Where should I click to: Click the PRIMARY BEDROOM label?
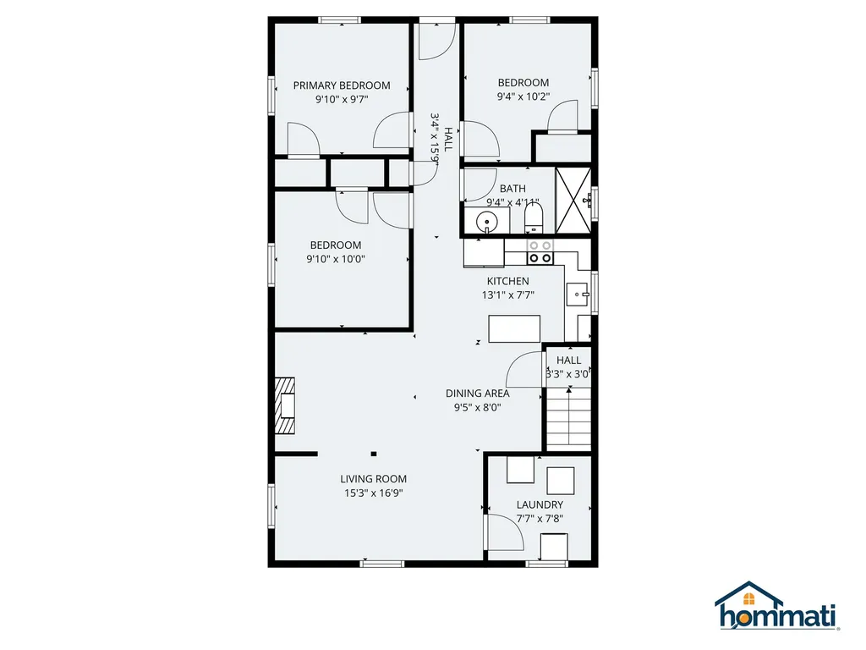[x=341, y=85]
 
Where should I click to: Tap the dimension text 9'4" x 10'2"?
[x=523, y=96]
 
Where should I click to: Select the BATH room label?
[x=512, y=189]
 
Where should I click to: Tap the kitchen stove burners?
[x=540, y=251]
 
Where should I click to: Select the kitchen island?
[x=515, y=328]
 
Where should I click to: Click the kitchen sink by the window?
[x=578, y=295]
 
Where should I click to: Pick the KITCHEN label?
[x=507, y=281]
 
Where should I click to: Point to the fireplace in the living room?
[x=285, y=406]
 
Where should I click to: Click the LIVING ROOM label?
[x=374, y=479]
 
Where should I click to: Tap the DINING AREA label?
[x=478, y=393]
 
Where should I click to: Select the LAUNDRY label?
[x=540, y=505]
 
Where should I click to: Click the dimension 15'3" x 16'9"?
[x=374, y=493]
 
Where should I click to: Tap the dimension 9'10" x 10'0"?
[x=336, y=260]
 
